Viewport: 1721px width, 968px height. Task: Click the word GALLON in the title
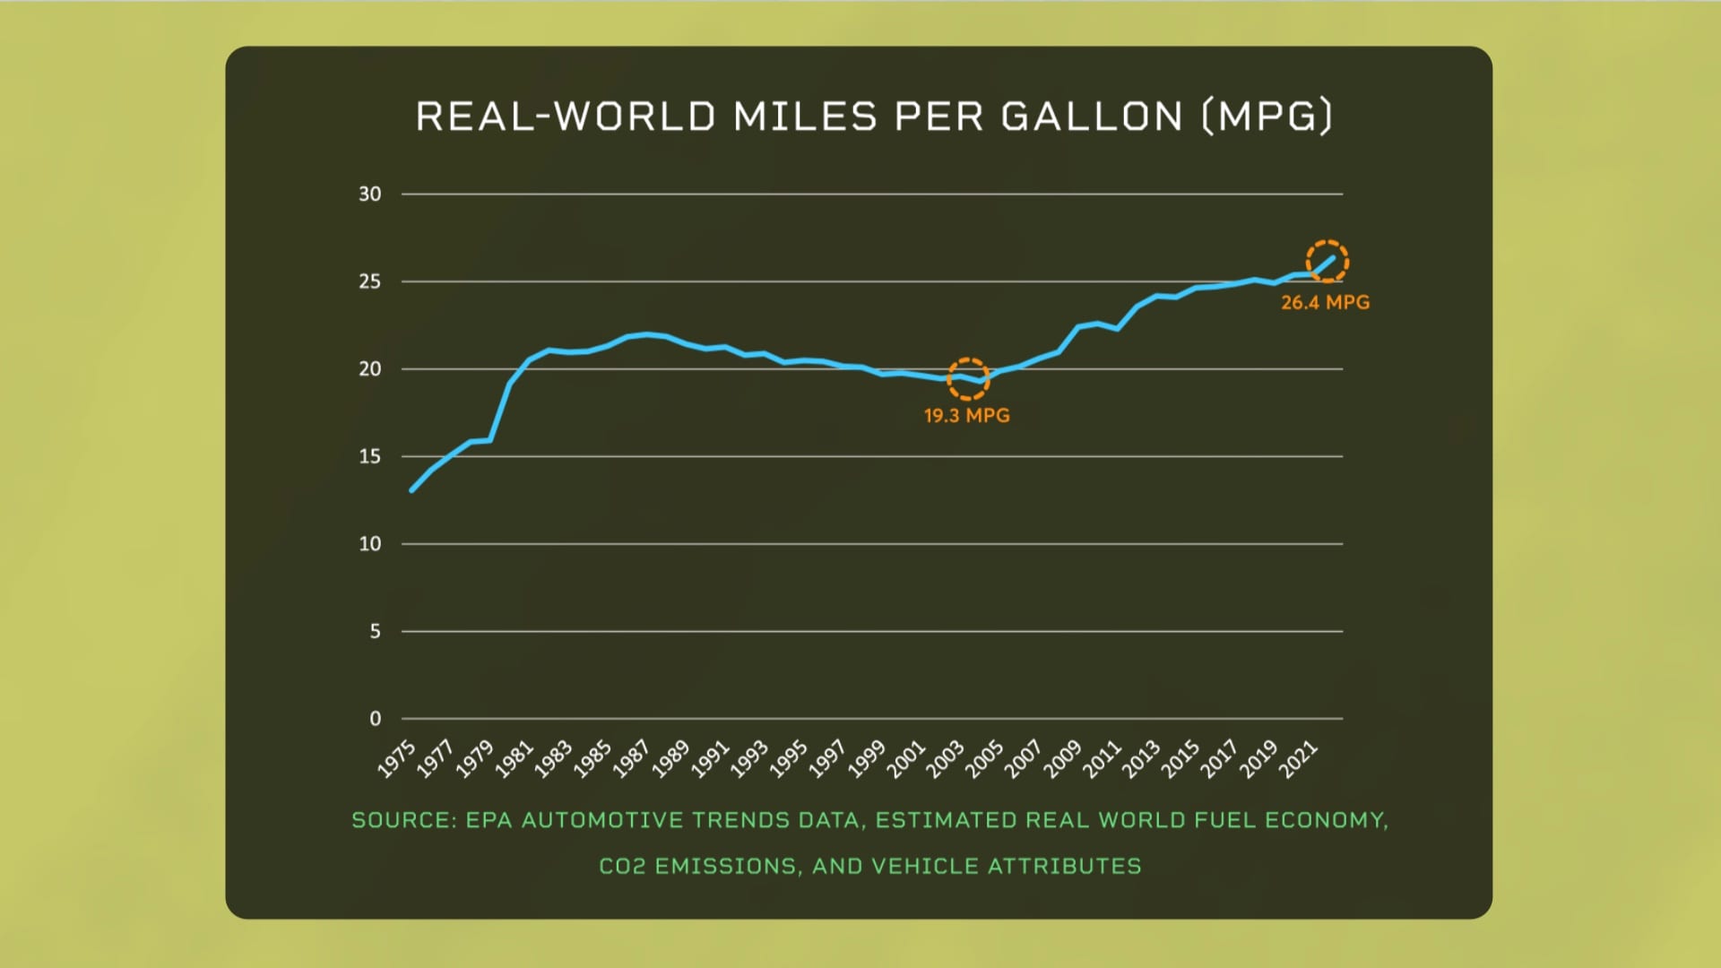point(1092,117)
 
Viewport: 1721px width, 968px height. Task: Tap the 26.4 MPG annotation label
point(1325,303)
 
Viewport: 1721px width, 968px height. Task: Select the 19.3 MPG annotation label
point(966,416)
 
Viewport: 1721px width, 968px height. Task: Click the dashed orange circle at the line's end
point(1327,262)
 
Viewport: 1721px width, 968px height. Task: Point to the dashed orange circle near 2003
point(967,378)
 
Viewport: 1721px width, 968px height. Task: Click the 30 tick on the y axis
point(370,194)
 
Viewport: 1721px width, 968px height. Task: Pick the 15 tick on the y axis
point(370,457)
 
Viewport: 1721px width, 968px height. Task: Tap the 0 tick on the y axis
point(375,719)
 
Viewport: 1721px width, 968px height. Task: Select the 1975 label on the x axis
point(397,758)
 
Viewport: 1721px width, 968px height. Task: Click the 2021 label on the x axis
point(1298,758)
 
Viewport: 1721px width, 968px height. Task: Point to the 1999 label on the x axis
point(867,758)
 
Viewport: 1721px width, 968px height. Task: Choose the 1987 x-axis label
point(632,758)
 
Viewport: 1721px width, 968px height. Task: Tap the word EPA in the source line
point(489,821)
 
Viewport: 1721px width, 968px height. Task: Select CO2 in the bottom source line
point(622,867)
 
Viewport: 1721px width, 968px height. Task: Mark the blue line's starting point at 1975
point(412,490)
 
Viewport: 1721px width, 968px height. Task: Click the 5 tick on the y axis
point(375,632)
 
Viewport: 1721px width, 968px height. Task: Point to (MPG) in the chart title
point(1267,117)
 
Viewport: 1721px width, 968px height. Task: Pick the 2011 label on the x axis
point(1103,758)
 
